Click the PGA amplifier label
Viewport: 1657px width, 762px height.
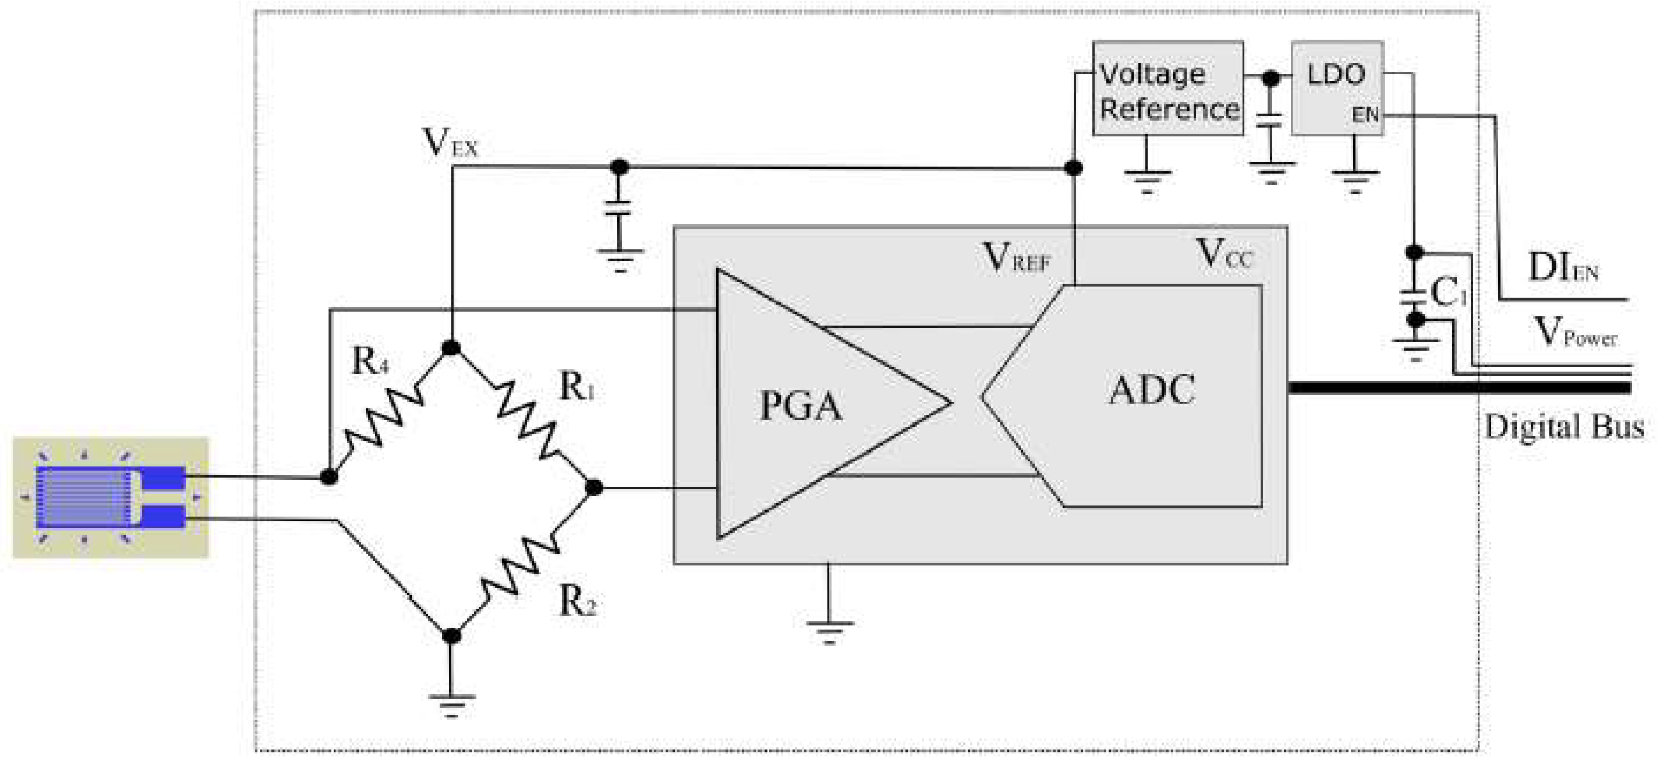coord(800,406)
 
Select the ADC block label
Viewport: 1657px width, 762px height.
coord(1151,389)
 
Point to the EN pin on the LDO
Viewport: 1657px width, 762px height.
coord(1365,115)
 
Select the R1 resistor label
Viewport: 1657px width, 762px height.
coord(576,387)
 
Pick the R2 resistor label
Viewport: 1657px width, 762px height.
coord(577,602)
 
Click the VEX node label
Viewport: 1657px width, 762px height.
coord(450,143)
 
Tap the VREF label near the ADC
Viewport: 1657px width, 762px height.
coord(1016,258)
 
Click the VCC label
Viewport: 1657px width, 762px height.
coord(1224,254)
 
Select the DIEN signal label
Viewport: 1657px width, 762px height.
coord(1562,268)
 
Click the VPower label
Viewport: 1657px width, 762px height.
coord(1575,333)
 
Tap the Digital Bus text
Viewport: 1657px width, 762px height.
coord(1563,427)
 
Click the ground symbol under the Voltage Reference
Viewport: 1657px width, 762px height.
coord(1147,179)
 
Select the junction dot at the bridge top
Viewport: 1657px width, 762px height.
coord(451,348)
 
